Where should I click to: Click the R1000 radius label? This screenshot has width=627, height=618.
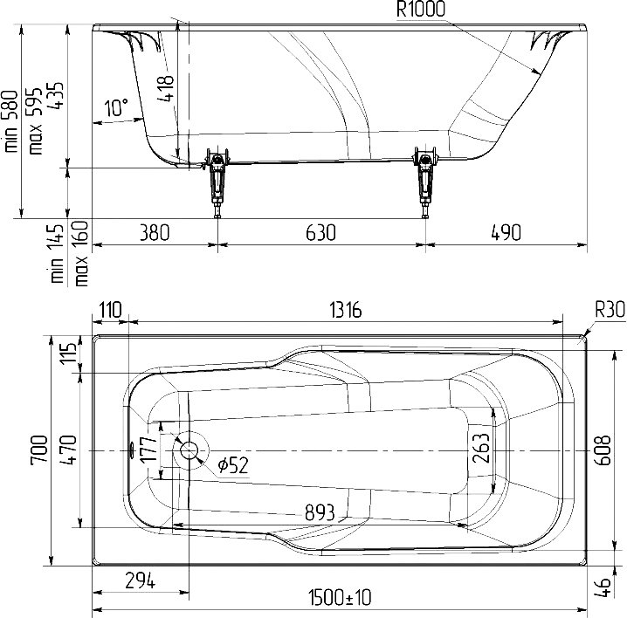[420, 10]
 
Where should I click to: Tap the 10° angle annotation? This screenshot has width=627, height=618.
[116, 107]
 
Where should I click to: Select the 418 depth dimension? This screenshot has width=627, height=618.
[166, 88]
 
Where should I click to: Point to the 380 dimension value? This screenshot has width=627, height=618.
[155, 233]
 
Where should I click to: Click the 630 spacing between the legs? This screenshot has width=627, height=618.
[320, 233]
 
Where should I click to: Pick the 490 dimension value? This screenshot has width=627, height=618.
[506, 233]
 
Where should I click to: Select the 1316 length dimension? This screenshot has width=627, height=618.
[346, 310]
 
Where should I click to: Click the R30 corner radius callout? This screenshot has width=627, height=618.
[610, 309]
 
